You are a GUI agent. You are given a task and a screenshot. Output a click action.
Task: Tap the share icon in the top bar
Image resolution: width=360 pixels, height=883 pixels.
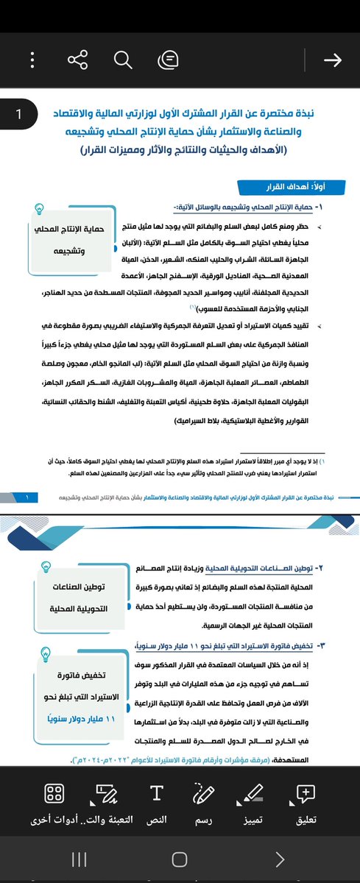point(77,60)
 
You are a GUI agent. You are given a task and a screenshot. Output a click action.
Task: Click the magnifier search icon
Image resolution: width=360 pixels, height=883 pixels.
point(123,60)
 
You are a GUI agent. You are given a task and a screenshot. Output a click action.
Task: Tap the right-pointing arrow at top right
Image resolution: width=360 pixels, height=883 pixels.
point(332,60)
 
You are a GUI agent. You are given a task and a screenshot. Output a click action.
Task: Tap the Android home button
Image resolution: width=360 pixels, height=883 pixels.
point(179,859)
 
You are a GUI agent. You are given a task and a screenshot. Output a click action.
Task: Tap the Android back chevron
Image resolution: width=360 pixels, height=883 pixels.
point(279,859)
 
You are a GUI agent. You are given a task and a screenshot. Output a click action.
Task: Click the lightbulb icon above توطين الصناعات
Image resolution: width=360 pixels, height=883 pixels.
point(45,565)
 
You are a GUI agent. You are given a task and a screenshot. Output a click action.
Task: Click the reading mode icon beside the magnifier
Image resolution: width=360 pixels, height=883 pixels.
point(168,60)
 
